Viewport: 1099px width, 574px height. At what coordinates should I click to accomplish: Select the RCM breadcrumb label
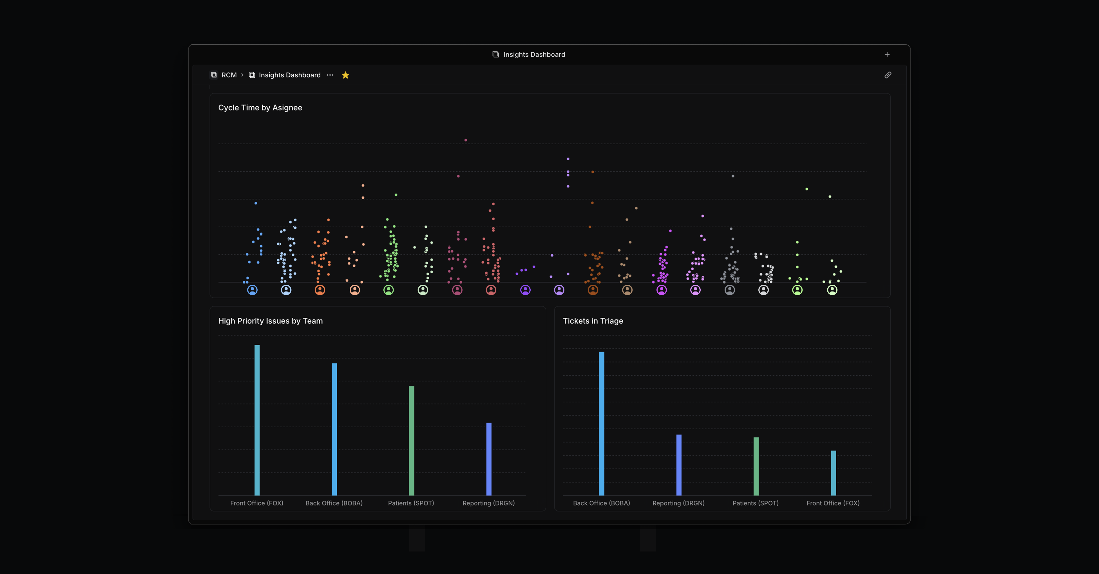point(229,75)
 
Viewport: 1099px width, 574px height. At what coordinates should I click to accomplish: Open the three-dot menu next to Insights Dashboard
point(330,75)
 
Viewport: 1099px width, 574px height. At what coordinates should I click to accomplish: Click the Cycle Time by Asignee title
point(260,108)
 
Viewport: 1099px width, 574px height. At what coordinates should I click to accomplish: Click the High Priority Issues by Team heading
point(270,321)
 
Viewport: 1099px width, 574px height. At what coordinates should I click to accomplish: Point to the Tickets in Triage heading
point(593,321)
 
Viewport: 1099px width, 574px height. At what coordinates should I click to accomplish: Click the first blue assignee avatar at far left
point(252,290)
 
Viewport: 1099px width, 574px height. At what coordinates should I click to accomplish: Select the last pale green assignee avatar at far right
point(832,290)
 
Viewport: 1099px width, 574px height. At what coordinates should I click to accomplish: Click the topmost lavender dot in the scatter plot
point(568,159)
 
